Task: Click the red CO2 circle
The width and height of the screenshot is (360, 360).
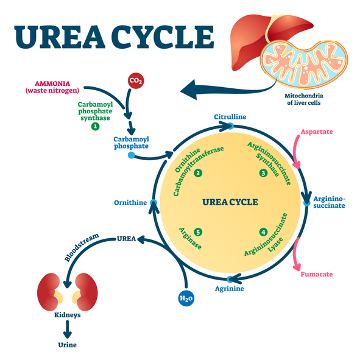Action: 136,80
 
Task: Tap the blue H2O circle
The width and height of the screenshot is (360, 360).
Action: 186,298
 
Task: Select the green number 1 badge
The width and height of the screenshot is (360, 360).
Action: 95,126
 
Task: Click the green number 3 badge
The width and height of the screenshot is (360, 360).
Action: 263,172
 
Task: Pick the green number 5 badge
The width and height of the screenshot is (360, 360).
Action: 198,232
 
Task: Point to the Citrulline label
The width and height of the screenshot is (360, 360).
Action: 230,117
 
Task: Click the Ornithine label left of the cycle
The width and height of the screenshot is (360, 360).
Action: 130,202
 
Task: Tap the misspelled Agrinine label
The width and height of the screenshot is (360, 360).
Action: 230,289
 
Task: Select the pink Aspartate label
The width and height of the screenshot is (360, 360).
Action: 317,132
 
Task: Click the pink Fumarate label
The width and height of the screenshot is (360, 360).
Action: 317,274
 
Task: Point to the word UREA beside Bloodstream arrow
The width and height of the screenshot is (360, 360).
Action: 126,239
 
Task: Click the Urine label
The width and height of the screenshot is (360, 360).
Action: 67,345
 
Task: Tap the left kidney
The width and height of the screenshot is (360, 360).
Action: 49,292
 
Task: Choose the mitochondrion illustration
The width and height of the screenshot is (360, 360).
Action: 304,64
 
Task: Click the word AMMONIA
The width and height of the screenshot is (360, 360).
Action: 52,83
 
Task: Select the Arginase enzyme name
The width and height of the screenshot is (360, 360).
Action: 190,238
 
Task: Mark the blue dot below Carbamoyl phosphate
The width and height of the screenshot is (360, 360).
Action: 131,155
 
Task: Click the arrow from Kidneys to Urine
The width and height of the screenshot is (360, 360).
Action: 67,329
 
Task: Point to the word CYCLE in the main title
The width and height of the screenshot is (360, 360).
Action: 163,37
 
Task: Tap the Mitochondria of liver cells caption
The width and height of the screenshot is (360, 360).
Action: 304,99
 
